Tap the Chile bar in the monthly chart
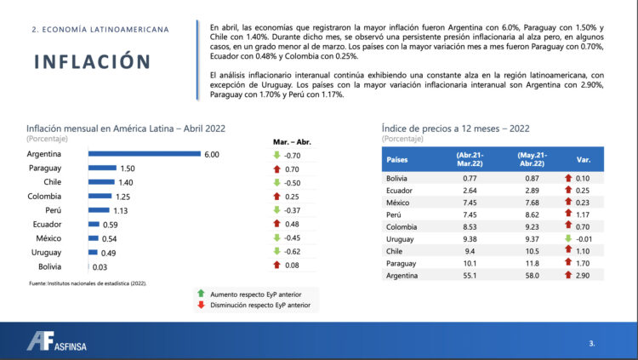(102, 182)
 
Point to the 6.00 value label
(212, 154)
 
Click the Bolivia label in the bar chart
(47, 267)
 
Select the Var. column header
(584, 160)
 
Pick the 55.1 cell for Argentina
(470, 277)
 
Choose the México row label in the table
(401, 203)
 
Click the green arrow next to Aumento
(201, 292)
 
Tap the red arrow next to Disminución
(201, 304)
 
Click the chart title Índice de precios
(456, 128)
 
